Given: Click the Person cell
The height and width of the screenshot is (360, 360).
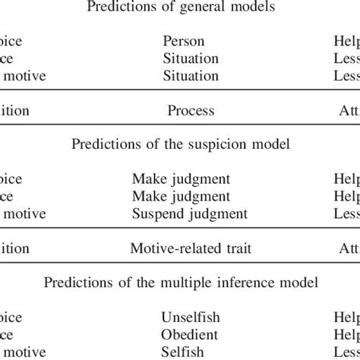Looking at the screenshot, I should pyautogui.click(x=183, y=41).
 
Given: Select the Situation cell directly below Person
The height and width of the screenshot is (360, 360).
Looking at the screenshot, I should pyautogui.click(x=190, y=58).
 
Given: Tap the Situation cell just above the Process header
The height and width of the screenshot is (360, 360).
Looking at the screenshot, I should pyautogui.click(x=190, y=76).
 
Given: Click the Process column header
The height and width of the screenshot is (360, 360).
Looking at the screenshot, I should pyautogui.click(x=191, y=111).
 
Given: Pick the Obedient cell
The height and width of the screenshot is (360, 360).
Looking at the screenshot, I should pyautogui.click(x=190, y=334).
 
